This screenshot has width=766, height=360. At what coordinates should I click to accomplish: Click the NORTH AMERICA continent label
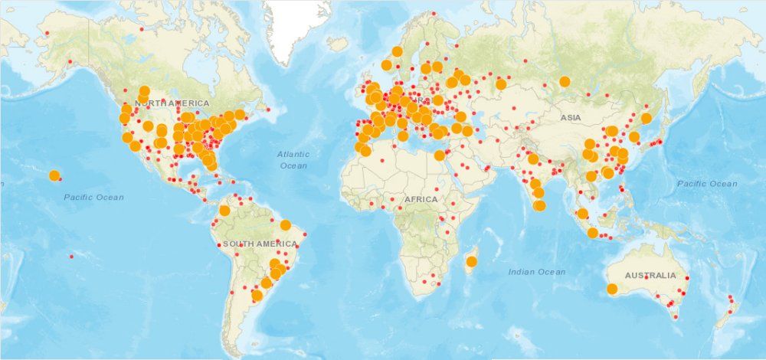pyautogui.click(x=172, y=103)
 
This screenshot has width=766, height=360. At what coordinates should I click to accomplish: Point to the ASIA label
pyautogui.click(x=570, y=118)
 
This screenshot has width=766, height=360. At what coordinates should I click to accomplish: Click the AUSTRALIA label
pyautogui.click(x=650, y=275)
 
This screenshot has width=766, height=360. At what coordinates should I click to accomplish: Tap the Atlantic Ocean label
pyautogui.click(x=293, y=160)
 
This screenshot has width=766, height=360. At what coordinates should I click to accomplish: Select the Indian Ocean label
pyautogui.click(x=537, y=272)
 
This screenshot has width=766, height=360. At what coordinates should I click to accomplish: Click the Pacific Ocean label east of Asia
pyautogui.click(x=707, y=184)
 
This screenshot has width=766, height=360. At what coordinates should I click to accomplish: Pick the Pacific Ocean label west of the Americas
pyautogui.click(x=93, y=198)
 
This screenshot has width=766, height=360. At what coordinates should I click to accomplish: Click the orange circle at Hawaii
pyautogui.click(x=54, y=175)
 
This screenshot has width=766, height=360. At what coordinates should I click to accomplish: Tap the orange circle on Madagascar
pyautogui.click(x=471, y=262)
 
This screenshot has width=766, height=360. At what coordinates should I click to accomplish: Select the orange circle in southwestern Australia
pyautogui.click(x=612, y=289)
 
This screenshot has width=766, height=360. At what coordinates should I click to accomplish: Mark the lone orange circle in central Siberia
pyautogui.click(x=565, y=81)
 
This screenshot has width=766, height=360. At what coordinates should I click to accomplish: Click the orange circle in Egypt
pyautogui.click(x=439, y=155)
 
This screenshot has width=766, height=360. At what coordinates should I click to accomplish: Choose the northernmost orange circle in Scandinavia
pyautogui.click(x=397, y=51)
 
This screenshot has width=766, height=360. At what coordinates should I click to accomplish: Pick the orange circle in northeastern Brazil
pyautogui.click(x=286, y=225)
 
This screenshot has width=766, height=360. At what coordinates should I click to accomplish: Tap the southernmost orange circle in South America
pyautogui.click(x=257, y=296)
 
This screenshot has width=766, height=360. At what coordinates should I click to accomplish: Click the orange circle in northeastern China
pyautogui.click(x=646, y=118)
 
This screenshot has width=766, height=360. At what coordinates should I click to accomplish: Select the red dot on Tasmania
pyautogui.click(x=676, y=316)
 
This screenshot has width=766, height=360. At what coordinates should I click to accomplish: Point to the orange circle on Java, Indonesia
pyautogui.click(x=592, y=233)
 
